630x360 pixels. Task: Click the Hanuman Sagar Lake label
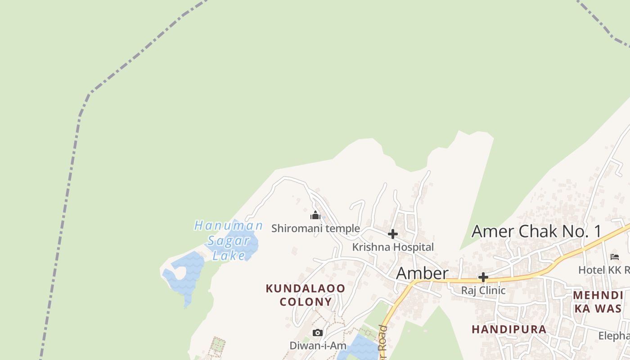tap(229, 240)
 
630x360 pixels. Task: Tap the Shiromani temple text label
tap(315, 228)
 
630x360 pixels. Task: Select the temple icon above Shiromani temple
tap(315, 215)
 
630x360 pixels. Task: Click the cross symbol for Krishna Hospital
tap(392, 234)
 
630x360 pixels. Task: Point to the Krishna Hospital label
tap(393, 247)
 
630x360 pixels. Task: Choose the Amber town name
tap(422, 273)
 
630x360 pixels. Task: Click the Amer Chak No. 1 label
tap(536, 231)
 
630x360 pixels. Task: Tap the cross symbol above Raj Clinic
tap(483, 277)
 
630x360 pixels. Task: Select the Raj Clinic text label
tap(483, 290)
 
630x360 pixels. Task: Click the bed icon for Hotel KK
tap(615, 257)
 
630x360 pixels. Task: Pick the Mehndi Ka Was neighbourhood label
tap(598, 301)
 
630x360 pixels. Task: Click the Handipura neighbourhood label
tap(509, 329)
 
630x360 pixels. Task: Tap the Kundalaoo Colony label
tap(306, 295)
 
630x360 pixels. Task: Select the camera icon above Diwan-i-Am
tap(318, 333)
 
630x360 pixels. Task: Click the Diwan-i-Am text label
tap(318, 346)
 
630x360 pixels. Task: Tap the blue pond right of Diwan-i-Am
tap(360, 349)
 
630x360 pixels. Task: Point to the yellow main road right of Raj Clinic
tap(531, 275)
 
